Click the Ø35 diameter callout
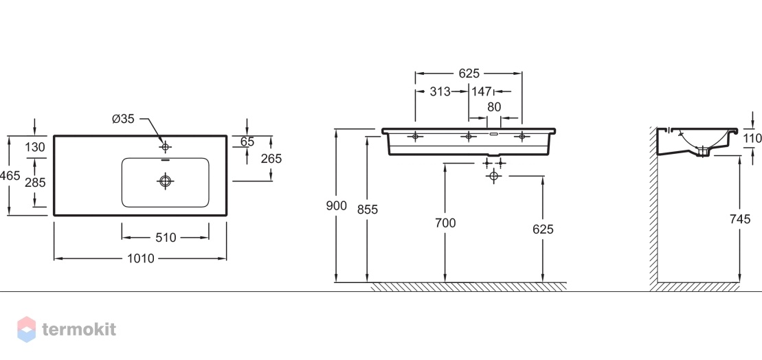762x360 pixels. [123, 119]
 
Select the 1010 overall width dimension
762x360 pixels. [140, 259]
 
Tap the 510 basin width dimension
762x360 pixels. [165, 238]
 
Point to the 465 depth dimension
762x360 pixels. [10, 176]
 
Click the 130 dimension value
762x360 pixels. [35, 147]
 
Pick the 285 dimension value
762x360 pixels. [35, 183]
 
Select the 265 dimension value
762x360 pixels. [271, 159]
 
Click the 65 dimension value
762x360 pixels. [247, 142]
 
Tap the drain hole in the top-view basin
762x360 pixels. [165, 181]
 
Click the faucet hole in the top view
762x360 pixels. [165, 146]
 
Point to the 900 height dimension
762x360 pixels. [336, 206]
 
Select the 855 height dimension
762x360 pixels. [367, 210]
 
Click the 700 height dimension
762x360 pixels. [445, 223]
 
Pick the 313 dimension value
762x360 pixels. [440, 91]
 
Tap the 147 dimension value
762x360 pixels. [481, 91]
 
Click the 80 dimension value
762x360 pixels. [494, 107]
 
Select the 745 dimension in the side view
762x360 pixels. [740, 220]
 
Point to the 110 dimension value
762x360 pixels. [752, 139]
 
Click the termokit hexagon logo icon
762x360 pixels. [27, 329]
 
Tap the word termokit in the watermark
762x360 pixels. [79, 329]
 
